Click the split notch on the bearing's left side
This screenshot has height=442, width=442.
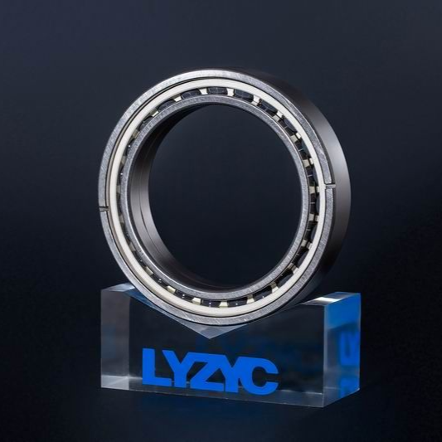[104, 209]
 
